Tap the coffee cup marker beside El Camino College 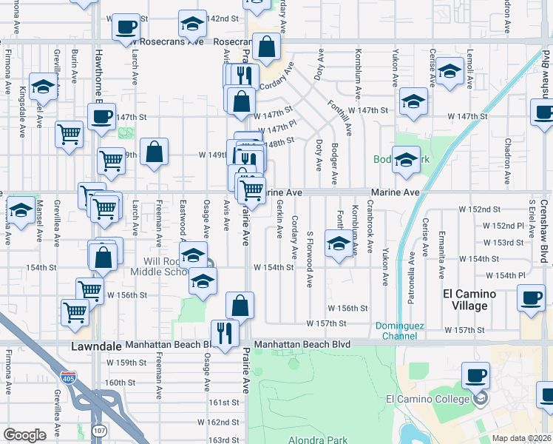click(475, 376)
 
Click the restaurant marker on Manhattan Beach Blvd click(223, 332)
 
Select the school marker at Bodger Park click(406, 161)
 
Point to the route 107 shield click(99, 429)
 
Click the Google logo click(24, 435)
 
